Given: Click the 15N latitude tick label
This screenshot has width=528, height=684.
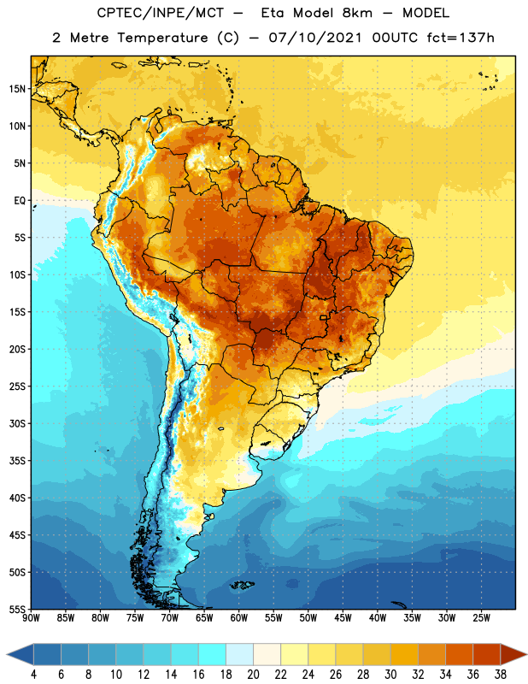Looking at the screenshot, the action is click(17, 89).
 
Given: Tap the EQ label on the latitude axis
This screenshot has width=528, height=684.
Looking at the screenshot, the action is click(20, 201).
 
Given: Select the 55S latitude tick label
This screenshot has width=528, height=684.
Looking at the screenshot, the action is click(17, 609).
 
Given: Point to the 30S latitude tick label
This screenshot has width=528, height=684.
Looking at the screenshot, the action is click(17, 423).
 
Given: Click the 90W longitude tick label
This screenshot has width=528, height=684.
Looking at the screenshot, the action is click(31, 617).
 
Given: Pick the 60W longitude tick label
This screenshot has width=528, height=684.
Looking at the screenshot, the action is click(239, 617).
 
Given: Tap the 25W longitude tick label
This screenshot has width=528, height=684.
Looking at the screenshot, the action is click(481, 617).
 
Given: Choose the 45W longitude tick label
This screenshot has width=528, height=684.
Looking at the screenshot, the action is click(343, 617).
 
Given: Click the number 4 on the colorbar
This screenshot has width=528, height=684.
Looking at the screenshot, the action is click(33, 675).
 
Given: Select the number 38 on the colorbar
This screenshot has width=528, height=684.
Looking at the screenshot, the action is click(501, 675).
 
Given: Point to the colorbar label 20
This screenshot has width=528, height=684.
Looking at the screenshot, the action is click(253, 675).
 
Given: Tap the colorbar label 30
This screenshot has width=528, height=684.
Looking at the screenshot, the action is click(390, 675).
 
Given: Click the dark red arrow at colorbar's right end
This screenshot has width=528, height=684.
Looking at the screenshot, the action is click(513, 654).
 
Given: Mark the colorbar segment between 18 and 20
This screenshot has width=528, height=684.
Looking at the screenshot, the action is click(239, 654).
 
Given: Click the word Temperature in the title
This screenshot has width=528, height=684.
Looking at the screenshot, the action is click(163, 38).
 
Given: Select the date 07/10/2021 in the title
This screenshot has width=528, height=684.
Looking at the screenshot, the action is click(315, 38).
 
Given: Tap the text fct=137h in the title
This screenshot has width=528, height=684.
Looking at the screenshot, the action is click(461, 38).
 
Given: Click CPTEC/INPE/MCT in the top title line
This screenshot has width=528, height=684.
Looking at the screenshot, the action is click(161, 13).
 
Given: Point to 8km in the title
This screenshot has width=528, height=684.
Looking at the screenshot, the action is click(357, 13).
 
